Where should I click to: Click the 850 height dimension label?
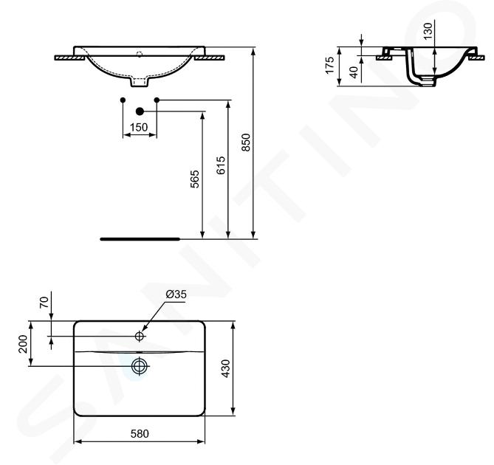click(246, 142)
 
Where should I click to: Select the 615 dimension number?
click(221, 165)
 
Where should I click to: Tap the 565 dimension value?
click(195, 179)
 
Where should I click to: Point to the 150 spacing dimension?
click(139, 127)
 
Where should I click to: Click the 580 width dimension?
click(140, 433)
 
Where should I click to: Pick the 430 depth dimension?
click(225, 368)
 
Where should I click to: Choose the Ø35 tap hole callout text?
click(176, 294)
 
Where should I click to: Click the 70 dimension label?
click(44, 302)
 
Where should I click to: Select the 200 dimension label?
click(23, 344)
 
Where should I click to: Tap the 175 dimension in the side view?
click(329, 65)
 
